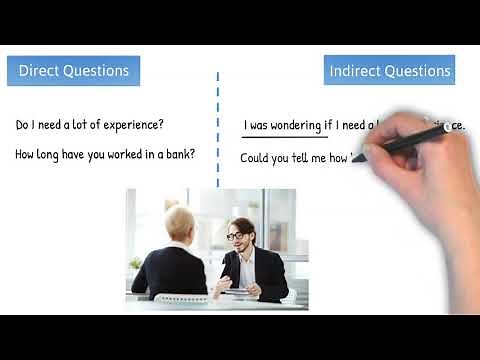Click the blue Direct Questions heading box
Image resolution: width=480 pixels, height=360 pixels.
[74, 71]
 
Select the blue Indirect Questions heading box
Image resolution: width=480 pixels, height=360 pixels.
[389, 71]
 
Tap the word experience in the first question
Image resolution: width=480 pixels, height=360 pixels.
[130, 125]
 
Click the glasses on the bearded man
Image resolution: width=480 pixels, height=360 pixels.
[237, 236]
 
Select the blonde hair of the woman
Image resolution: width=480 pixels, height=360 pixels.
[181, 221]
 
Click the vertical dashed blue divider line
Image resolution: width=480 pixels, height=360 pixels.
[218, 130]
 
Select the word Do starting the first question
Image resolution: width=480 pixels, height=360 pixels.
[23, 125]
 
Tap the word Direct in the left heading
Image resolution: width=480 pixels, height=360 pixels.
[41, 71]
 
